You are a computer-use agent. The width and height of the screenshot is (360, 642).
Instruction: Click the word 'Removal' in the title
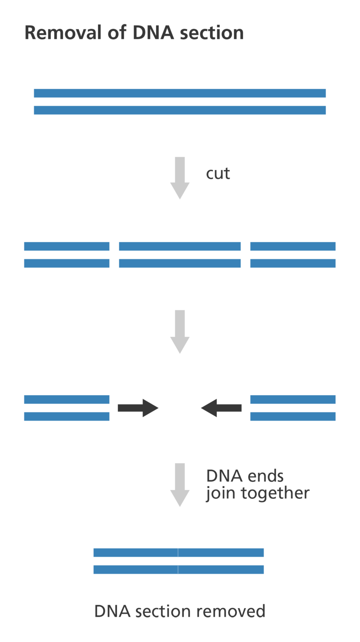click(x=63, y=33)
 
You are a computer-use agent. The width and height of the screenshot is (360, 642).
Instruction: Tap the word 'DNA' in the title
click(x=153, y=33)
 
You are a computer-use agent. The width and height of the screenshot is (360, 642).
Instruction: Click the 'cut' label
click(x=218, y=174)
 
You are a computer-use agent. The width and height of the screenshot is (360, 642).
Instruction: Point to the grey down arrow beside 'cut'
click(x=180, y=178)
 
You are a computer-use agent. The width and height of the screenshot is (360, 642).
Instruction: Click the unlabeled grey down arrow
click(x=180, y=331)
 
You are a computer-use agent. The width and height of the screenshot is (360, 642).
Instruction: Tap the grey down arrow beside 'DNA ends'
click(x=180, y=484)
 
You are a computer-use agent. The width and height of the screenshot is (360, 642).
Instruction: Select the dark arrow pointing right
click(x=138, y=408)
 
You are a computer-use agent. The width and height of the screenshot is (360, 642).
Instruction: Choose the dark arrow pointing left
click(x=221, y=408)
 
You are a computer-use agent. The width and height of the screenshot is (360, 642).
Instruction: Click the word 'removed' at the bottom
click(x=230, y=611)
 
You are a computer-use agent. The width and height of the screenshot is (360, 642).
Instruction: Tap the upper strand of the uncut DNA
click(x=180, y=93)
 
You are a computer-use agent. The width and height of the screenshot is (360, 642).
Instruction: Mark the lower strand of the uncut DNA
click(x=180, y=110)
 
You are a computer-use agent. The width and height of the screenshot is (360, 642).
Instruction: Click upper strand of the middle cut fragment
click(x=180, y=246)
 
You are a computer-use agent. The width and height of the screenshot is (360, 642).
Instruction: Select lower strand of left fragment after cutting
click(x=67, y=263)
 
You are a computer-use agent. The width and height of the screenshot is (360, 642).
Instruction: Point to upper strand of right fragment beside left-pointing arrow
click(x=293, y=400)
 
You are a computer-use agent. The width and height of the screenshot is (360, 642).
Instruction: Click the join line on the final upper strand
click(x=178, y=553)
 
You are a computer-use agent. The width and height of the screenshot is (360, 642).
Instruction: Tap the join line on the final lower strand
click(x=178, y=570)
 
